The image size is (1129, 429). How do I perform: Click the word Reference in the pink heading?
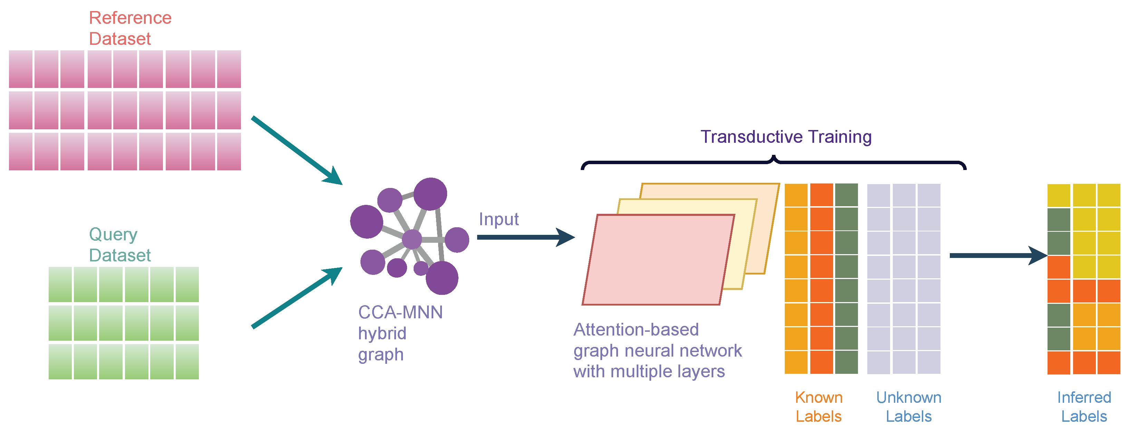130,18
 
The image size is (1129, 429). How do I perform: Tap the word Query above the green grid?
113,235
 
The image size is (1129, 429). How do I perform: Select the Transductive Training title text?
786,137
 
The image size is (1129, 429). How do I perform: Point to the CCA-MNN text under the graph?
400,312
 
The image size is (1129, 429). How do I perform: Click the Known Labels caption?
818,406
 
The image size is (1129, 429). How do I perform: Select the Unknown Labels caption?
908,406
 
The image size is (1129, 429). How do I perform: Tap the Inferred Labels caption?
1084,406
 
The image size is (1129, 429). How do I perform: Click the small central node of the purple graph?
412,239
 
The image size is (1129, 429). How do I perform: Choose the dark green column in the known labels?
846,278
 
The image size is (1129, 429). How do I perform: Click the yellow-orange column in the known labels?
796,278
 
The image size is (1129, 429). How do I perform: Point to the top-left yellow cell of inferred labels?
1059,195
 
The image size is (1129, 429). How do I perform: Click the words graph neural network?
657,351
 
